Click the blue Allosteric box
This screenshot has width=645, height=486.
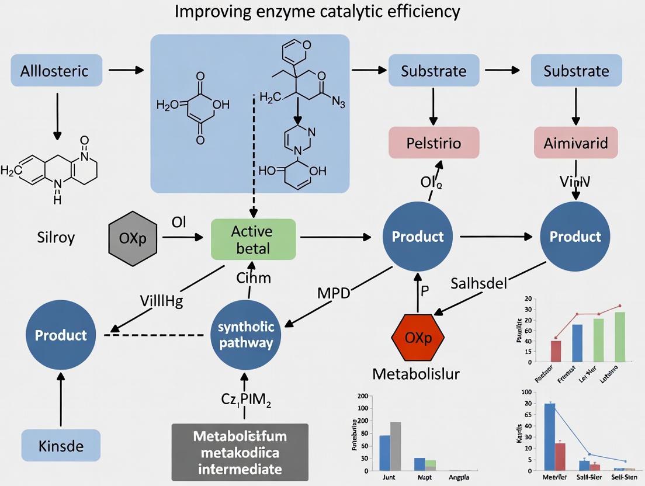[x=56, y=71]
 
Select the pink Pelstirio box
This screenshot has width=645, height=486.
[x=434, y=143]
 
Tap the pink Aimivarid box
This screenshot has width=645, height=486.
[x=575, y=143]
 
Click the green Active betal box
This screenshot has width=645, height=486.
[x=253, y=239]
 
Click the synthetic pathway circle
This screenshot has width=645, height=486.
[x=245, y=335]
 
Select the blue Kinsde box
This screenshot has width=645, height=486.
[x=61, y=446]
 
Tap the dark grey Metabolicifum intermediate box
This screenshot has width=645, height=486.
[x=240, y=452]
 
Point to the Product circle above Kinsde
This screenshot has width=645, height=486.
[x=61, y=335]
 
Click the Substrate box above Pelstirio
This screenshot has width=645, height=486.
[x=434, y=71]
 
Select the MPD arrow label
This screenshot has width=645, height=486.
[x=333, y=293]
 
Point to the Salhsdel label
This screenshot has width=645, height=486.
[x=479, y=283]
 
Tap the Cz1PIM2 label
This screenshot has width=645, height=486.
[x=246, y=400]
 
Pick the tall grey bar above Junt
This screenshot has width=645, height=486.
[x=395, y=446]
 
